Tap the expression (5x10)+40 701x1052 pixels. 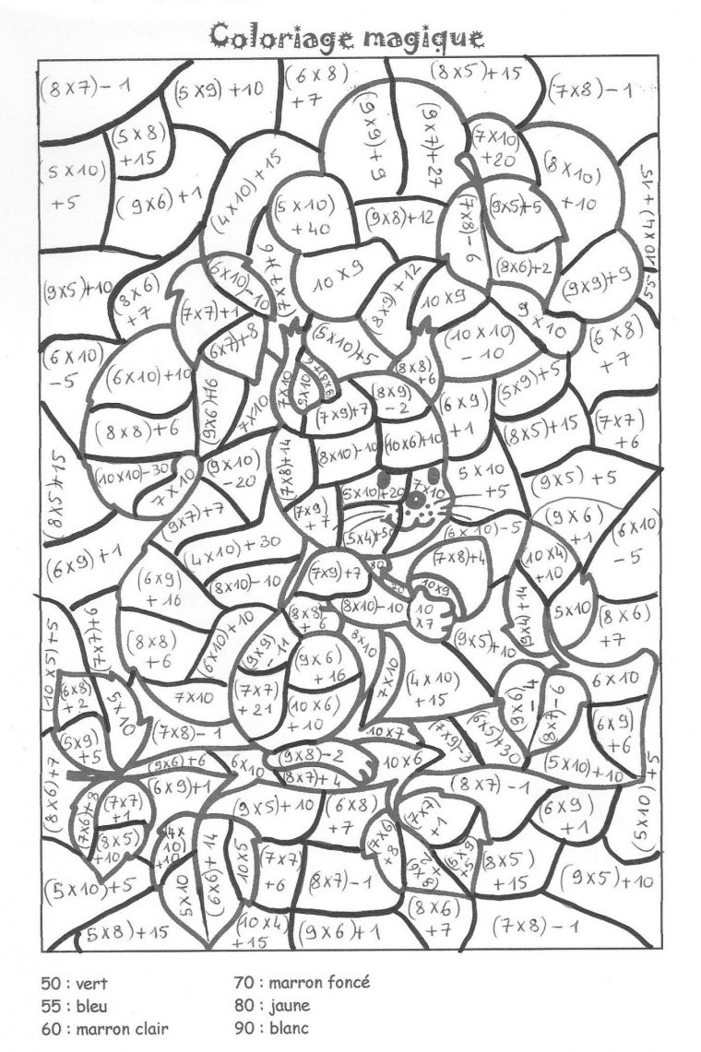pyautogui.click(x=303, y=216)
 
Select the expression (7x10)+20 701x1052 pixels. pyautogui.click(x=497, y=148)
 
